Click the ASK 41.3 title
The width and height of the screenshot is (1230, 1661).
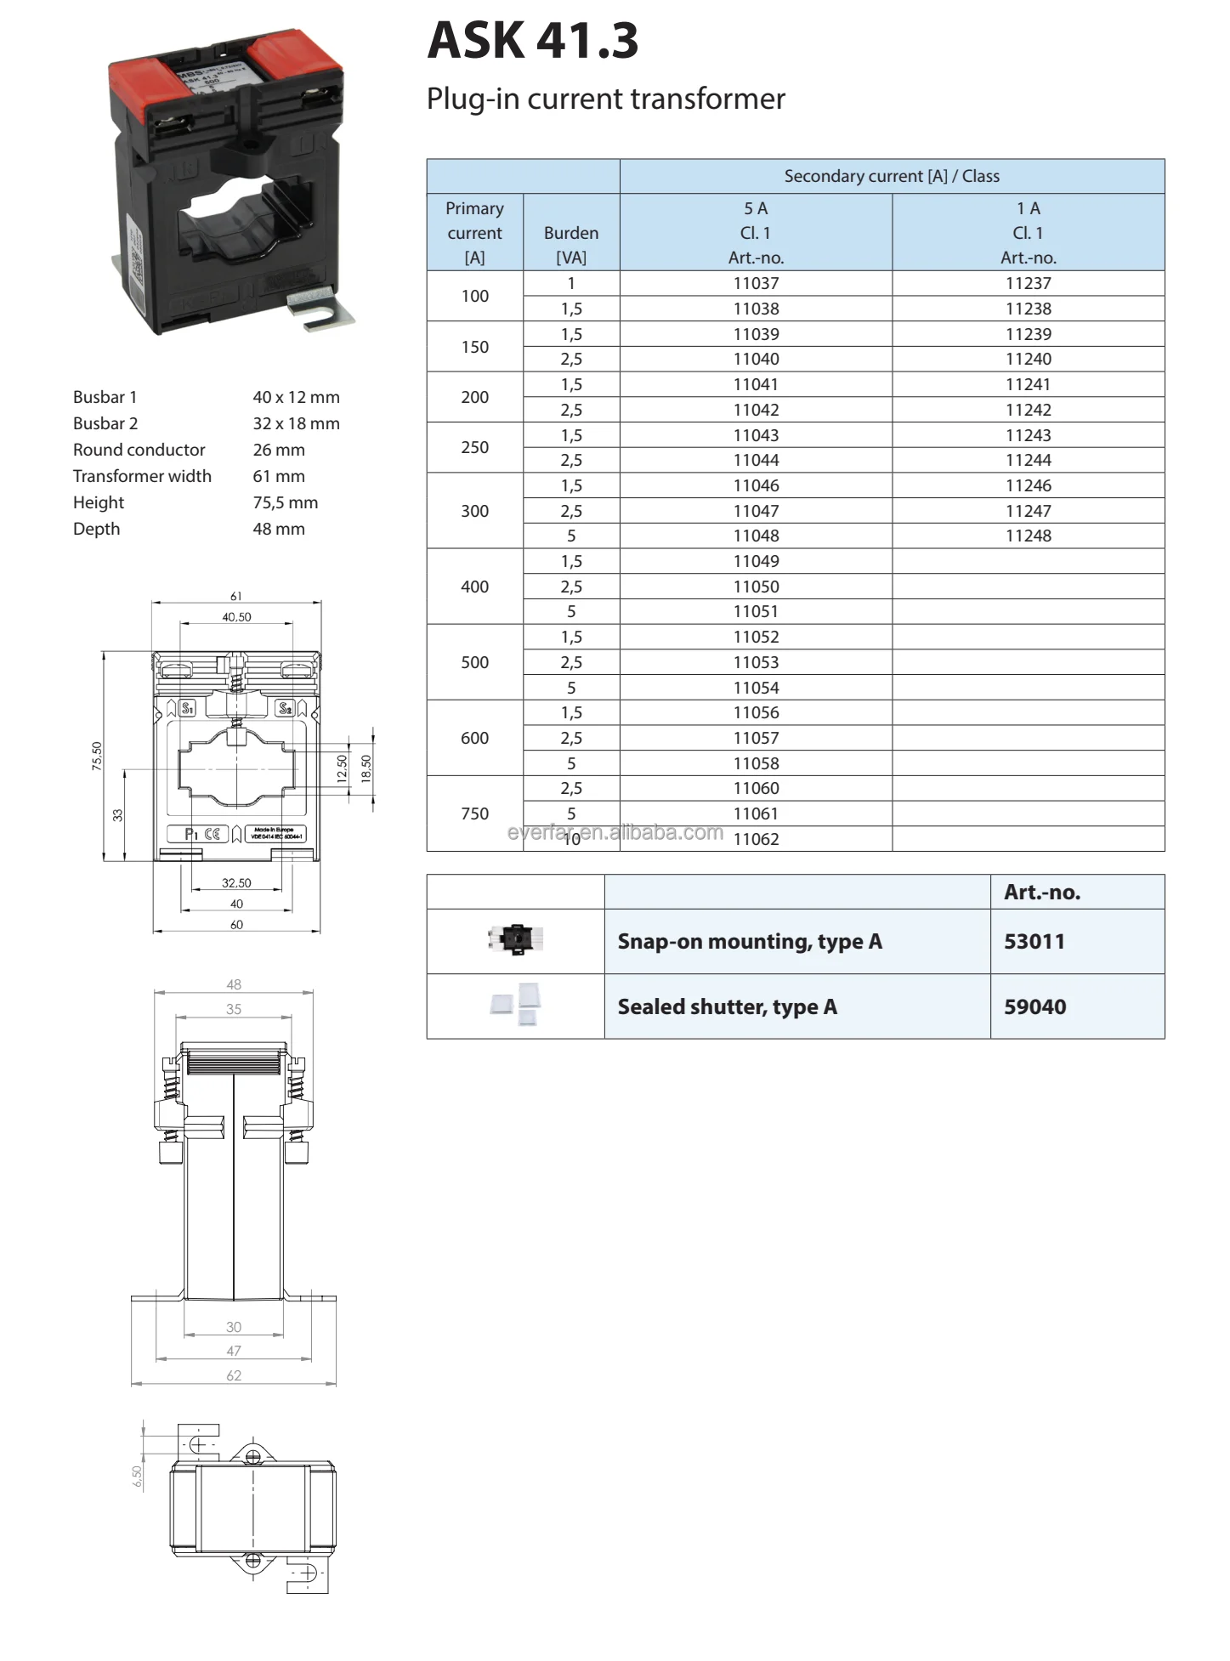(x=532, y=40)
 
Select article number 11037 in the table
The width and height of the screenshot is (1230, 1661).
(x=755, y=283)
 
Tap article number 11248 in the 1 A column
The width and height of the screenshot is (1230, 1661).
(x=1028, y=536)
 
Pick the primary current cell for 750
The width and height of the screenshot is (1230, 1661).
(x=474, y=813)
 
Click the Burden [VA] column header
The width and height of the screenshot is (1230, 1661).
(x=570, y=244)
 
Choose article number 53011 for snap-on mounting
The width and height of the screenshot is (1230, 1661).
(x=1034, y=942)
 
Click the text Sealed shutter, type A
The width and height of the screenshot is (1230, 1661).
(x=727, y=1007)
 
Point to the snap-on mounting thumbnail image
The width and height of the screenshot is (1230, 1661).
(x=516, y=939)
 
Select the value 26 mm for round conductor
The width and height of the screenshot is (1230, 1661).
(x=278, y=450)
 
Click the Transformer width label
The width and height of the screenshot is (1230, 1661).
(x=142, y=476)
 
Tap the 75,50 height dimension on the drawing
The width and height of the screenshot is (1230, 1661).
(x=97, y=756)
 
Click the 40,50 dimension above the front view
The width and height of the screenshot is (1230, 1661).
(x=236, y=617)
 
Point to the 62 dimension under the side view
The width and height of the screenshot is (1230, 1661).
(x=234, y=1375)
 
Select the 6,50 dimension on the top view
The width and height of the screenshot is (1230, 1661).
(x=138, y=1477)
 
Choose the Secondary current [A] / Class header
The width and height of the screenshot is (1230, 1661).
(x=891, y=176)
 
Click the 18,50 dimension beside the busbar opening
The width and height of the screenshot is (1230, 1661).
(x=366, y=768)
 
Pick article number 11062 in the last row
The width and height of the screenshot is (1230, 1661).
(x=755, y=839)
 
